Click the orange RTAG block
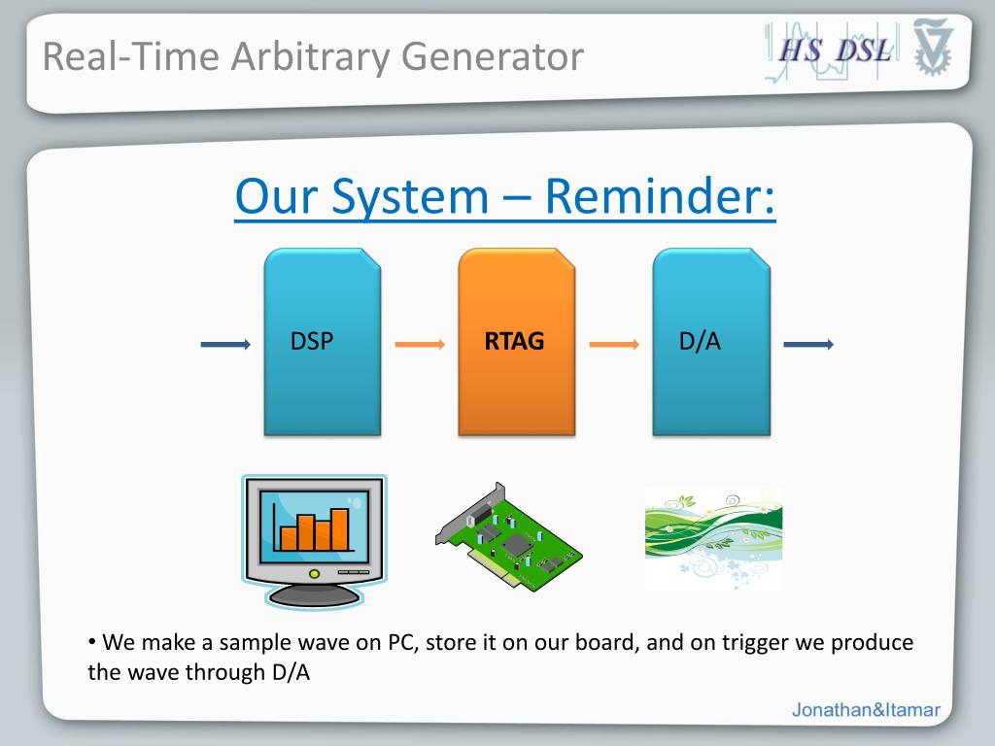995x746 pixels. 517,342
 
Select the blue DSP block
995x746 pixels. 323,342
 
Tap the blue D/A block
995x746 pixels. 711,342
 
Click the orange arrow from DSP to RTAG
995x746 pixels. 420,345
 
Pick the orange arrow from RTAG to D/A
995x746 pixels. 614,345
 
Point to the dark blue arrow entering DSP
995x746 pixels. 225,345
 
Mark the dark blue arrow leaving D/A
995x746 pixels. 808,345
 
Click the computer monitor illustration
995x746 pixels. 314,541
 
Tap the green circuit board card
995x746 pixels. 508,536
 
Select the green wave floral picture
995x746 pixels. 713,538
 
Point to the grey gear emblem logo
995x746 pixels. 933,48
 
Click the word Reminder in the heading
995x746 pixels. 660,196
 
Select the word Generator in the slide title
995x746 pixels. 493,56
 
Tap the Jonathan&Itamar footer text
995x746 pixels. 866,709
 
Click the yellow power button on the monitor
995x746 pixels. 314,573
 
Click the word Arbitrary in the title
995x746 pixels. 310,56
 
